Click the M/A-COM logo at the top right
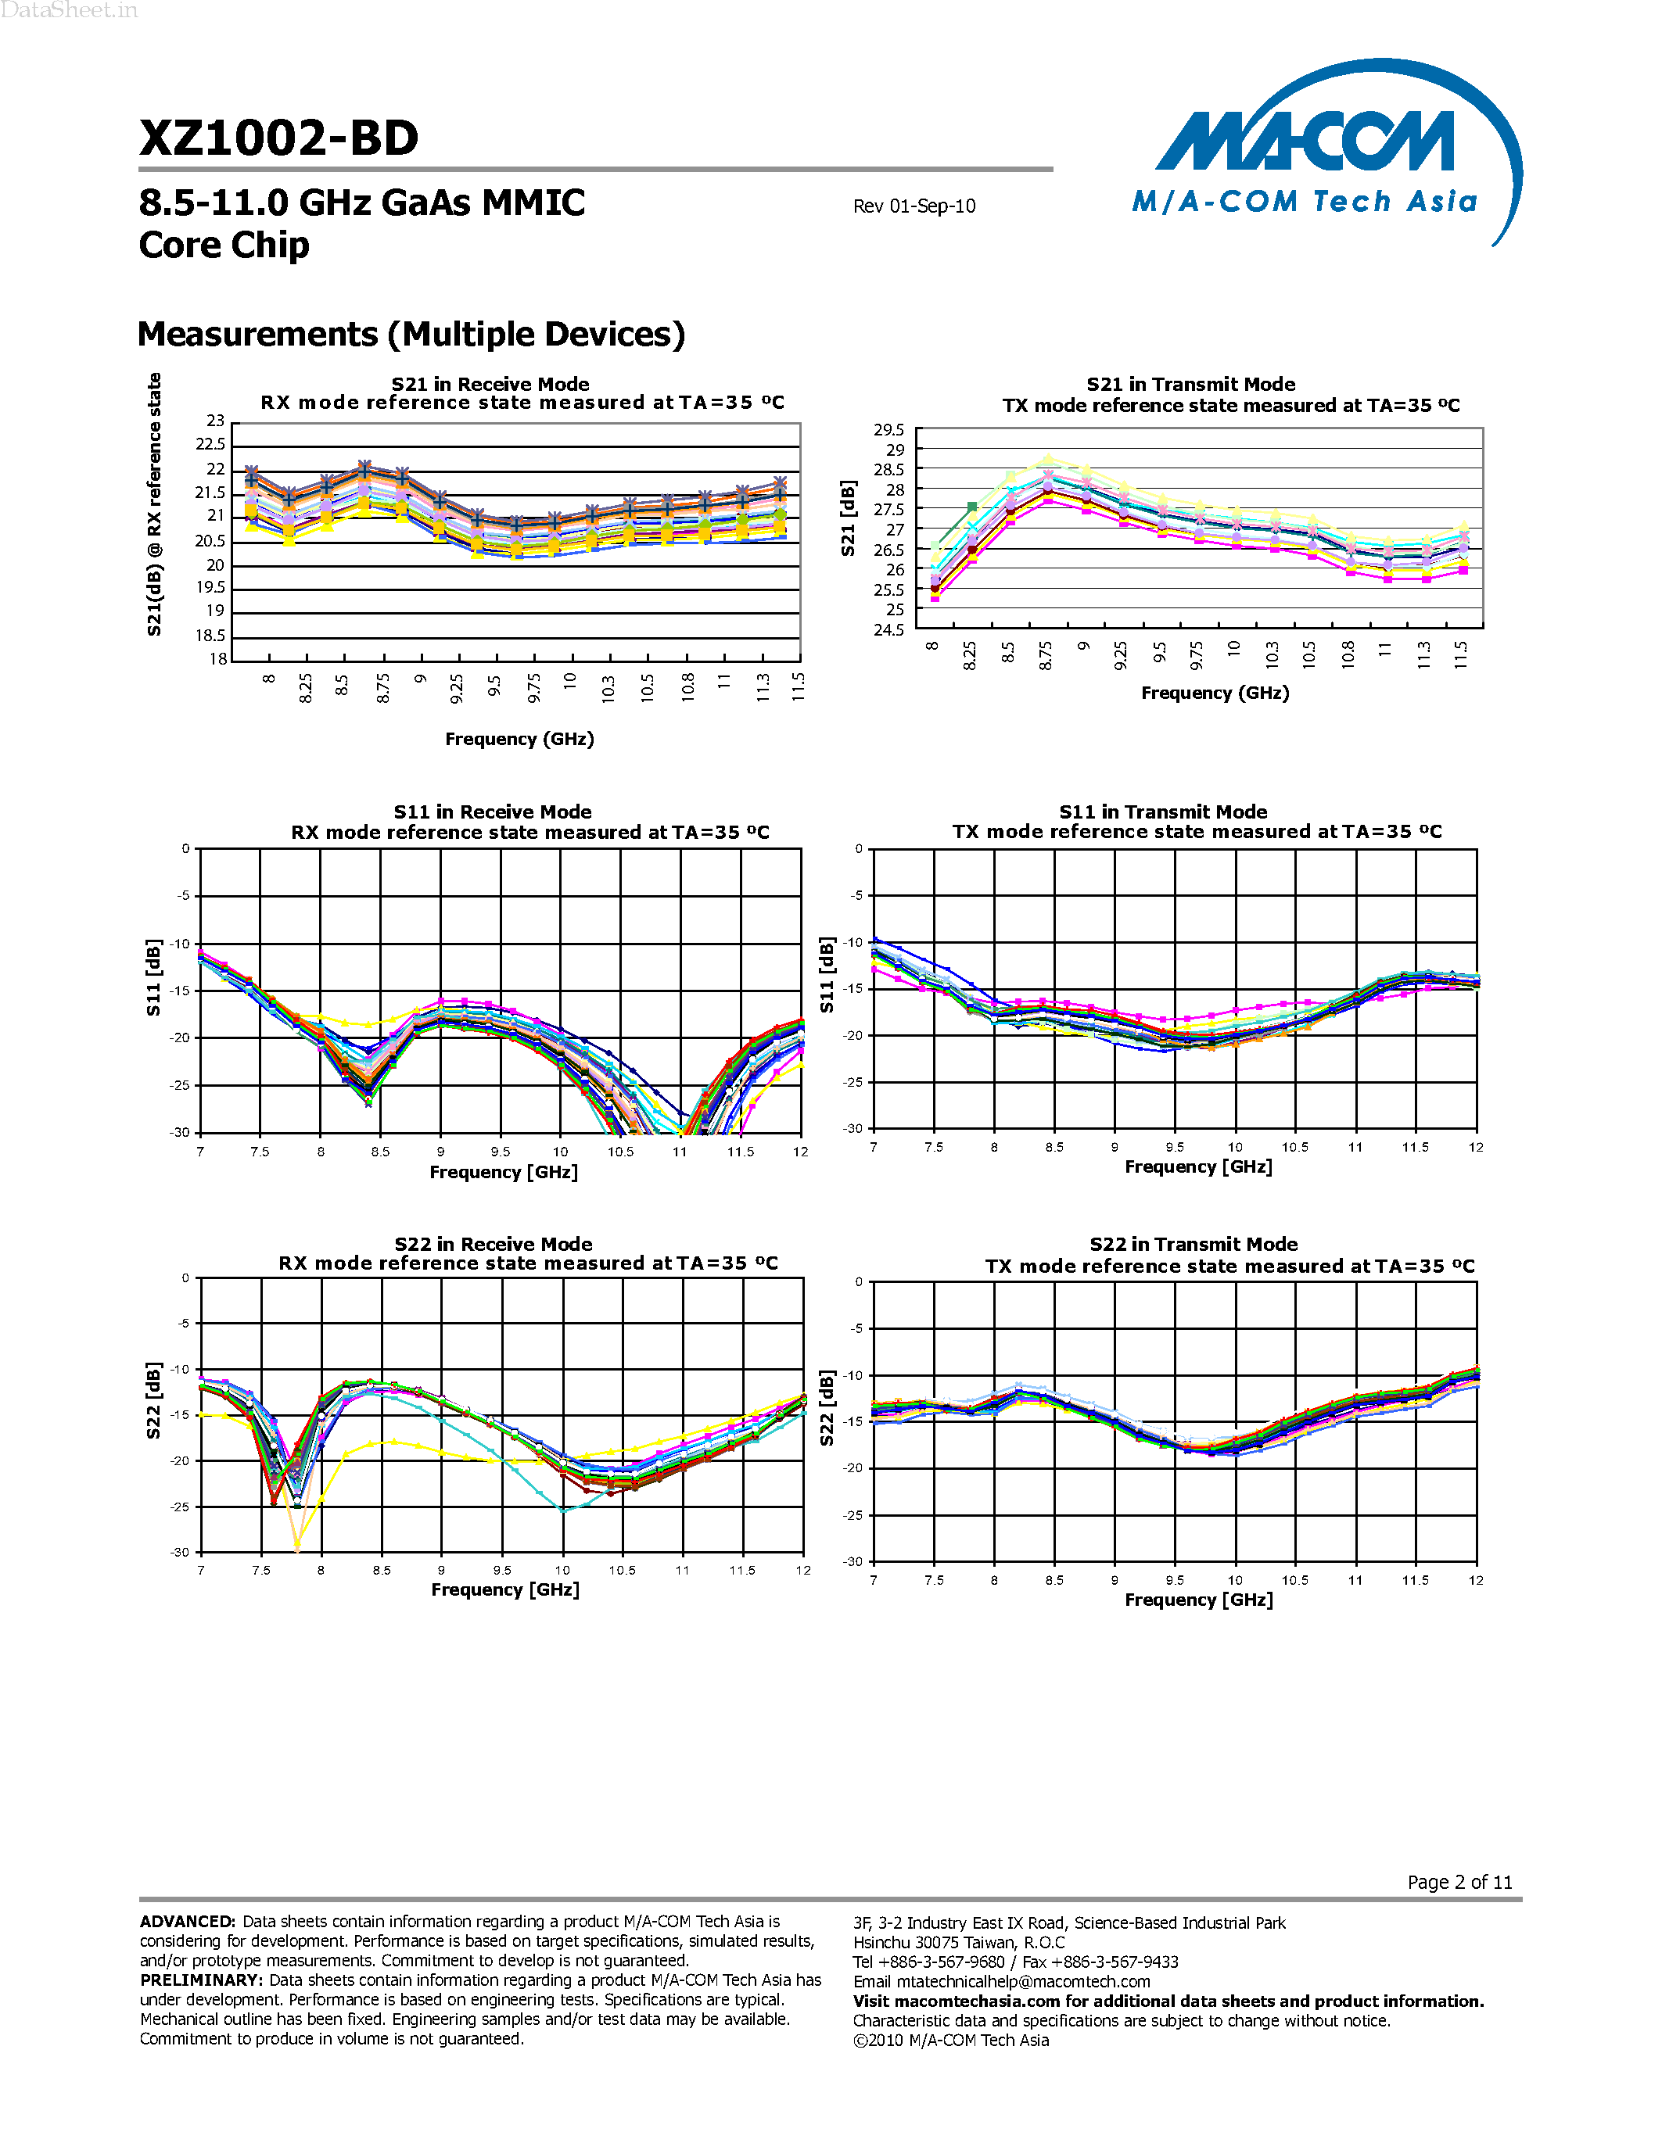click(1319, 148)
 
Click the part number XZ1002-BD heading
click(278, 138)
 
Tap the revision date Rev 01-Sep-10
click(914, 206)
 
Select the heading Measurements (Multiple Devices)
click(411, 335)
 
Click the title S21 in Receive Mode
click(490, 384)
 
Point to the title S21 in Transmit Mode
click(1190, 384)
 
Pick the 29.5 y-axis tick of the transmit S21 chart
click(888, 430)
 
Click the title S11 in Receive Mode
click(492, 812)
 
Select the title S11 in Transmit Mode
click(1163, 812)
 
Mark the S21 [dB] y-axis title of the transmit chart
click(848, 519)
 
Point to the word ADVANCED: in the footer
click(187, 1922)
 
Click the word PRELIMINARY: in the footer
click(201, 1980)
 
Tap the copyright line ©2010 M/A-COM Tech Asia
click(950, 2040)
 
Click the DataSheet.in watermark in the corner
click(69, 11)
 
